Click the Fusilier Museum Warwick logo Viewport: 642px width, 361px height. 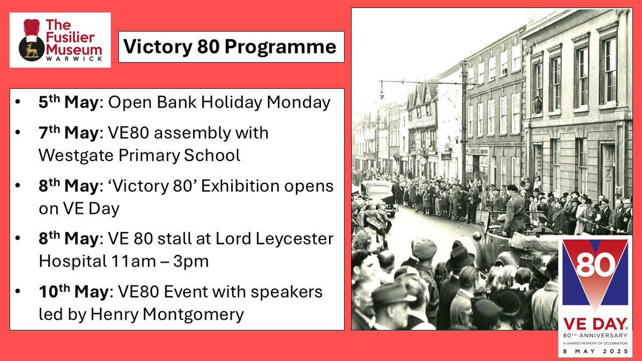tap(60, 40)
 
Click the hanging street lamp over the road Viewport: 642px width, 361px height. tap(381, 91)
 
